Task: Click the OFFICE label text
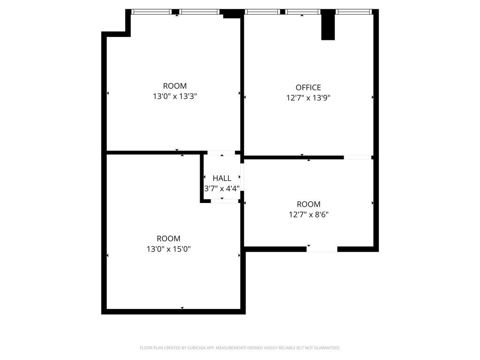pyautogui.click(x=308, y=87)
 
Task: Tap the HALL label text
pyautogui.click(x=222, y=178)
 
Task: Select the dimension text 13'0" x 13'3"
pyautogui.click(x=175, y=97)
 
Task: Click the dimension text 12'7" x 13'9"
pyautogui.click(x=308, y=98)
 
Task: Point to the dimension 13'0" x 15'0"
pyautogui.click(x=168, y=249)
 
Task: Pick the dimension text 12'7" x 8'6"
pyautogui.click(x=308, y=215)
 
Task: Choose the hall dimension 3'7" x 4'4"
pyautogui.click(x=222, y=188)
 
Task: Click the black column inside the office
pyautogui.click(x=328, y=25)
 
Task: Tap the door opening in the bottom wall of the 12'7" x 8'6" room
pyautogui.click(x=322, y=249)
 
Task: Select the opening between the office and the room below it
pyautogui.click(x=358, y=157)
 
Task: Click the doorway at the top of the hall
pyautogui.click(x=221, y=153)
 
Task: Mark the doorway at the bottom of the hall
pyautogui.click(x=225, y=201)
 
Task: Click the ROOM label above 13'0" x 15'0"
pyautogui.click(x=168, y=239)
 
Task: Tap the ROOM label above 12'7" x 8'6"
pyautogui.click(x=308, y=204)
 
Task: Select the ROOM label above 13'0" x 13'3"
pyautogui.click(x=175, y=86)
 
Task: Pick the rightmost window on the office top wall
pyautogui.click(x=354, y=12)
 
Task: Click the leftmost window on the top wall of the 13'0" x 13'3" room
pyautogui.click(x=151, y=12)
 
